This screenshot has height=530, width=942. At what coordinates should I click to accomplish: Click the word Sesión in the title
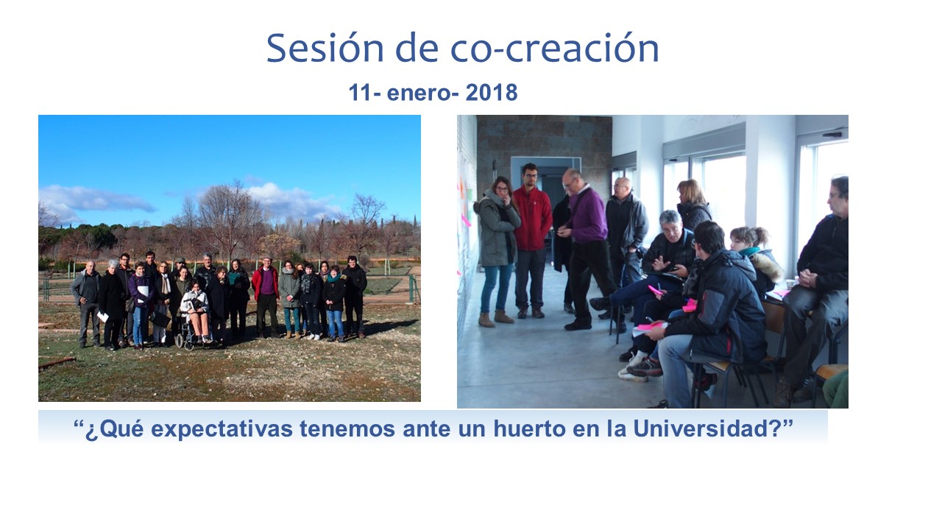click(x=325, y=48)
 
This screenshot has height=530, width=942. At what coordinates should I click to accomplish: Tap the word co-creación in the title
click(x=554, y=48)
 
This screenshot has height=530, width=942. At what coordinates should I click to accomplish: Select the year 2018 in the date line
click(x=491, y=92)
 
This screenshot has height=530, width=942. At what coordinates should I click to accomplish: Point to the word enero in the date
click(x=419, y=93)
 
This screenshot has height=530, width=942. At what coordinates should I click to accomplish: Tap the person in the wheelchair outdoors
click(x=195, y=314)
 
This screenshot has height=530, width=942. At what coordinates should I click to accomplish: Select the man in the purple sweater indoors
click(x=586, y=249)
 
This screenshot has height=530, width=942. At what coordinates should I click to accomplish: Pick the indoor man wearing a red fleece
click(x=531, y=240)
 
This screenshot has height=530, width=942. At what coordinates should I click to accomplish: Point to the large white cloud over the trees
click(x=294, y=202)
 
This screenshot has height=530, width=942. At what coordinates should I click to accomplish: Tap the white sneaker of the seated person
click(x=631, y=372)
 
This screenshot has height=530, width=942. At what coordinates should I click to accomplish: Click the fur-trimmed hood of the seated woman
click(x=765, y=266)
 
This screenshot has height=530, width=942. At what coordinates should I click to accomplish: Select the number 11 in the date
click(x=360, y=92)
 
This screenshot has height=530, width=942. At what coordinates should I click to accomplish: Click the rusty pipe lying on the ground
click(x=57, y=362)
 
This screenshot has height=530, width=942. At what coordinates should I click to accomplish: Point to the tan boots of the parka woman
click(x=496, y=319)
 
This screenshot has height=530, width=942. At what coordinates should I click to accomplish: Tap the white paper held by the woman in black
click(x=103, y=317)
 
